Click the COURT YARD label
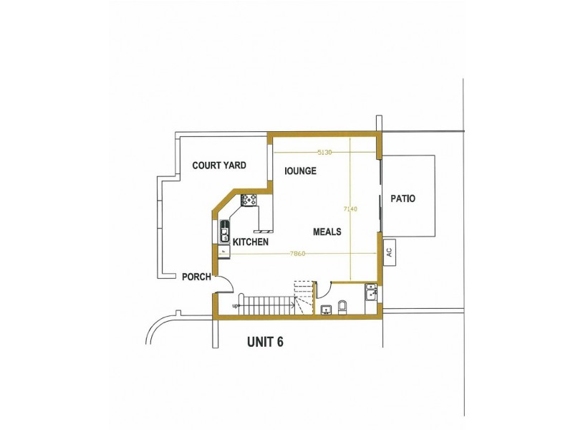point(219,166)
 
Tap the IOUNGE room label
point(301,171)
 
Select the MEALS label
point(327,231)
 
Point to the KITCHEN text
point(251,242)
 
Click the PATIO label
point(403,199)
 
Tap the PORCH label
point(196,277)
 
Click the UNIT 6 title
point(265,342)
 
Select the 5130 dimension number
point(324,152)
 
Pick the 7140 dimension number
point(350,209)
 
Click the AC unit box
point(389,252)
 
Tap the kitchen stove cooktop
point(249,201)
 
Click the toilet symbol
point(342,307)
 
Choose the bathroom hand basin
point(326,310)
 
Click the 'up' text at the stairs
point(235,306)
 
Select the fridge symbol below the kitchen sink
point(224,252)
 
